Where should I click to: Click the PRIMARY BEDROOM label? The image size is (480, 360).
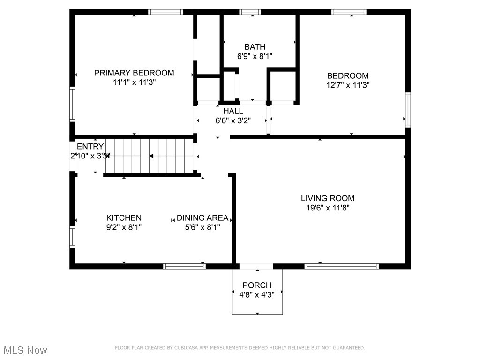134,73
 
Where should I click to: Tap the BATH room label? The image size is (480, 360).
255,46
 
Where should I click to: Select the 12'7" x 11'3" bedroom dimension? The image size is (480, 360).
348,85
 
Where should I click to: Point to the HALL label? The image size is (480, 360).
233,111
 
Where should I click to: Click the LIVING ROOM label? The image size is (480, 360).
327,198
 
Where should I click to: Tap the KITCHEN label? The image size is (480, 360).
124,218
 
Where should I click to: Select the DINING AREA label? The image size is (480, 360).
202,218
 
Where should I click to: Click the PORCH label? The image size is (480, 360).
257,285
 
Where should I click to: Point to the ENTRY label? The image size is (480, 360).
90,147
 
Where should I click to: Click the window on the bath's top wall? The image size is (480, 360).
250,12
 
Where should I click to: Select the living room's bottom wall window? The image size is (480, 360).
341,266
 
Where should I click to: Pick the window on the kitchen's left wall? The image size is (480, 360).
72,237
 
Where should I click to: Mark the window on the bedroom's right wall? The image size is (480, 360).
408,110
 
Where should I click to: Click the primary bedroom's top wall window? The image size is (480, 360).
165,12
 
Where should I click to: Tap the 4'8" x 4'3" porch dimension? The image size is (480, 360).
257,293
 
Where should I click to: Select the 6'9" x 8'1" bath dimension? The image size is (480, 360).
255,56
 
